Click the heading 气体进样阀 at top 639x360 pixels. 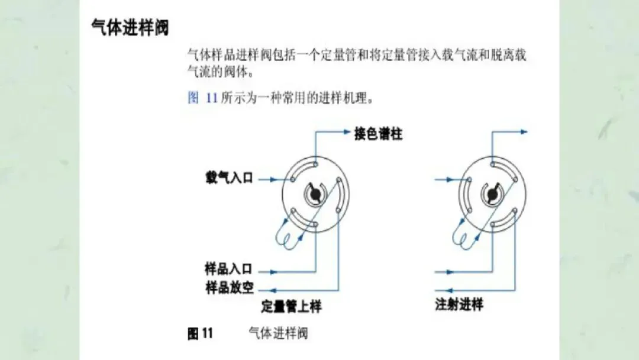point(130,28)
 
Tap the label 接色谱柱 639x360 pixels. point(378,134)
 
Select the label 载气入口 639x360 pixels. point(229,178)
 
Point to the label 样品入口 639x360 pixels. point(229,270)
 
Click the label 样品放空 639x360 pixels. point(229,288)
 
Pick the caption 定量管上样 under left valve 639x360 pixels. point(292,307)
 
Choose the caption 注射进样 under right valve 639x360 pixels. point(459,306)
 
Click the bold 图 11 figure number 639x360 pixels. point(200,334)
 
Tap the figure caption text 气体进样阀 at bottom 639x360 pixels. point(278,334)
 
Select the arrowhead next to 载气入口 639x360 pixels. point(273,178)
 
